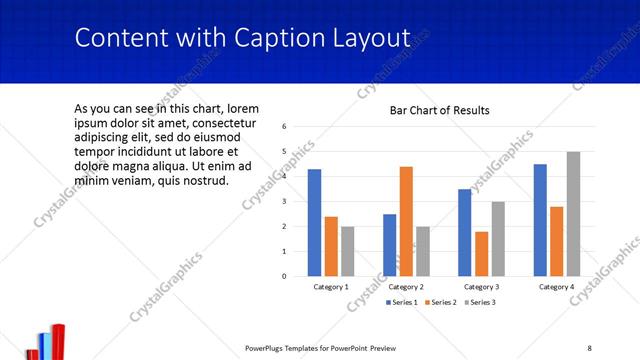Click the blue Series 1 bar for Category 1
point(314,222)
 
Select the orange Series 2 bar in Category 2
point(406,220)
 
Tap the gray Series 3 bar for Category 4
point(573,213)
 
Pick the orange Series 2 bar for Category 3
point(482,253)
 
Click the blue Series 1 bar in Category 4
point(540,220)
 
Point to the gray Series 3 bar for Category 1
point(347,251)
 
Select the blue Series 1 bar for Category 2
point(389,244)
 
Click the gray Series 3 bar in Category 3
point(498,238)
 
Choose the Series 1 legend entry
point(404,302)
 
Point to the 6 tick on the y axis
point(285,127)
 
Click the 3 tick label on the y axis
point(285,201)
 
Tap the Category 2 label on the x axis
point(406,287)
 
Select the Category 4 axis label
point(556,287)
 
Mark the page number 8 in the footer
point(589,348)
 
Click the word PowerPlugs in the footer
point(269,348)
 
